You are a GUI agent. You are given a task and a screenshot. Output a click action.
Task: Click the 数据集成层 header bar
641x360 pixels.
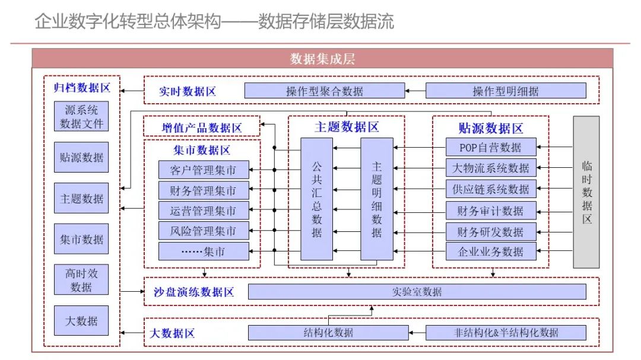[x=322, y=59]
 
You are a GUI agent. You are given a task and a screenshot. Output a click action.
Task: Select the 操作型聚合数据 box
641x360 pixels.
[x=325, y=91]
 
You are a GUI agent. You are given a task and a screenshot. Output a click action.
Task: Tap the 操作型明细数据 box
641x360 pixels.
[x=506, y=91]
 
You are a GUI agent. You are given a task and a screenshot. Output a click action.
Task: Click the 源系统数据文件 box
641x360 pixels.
[x=82, y=116]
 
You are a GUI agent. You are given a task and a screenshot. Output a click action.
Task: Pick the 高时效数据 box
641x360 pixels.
[x=82, y=279]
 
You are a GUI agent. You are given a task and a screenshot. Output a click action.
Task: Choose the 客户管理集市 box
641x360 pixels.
[x=203, y=170]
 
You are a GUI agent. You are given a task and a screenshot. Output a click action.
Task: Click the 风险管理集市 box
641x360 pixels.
[x=203, y=231]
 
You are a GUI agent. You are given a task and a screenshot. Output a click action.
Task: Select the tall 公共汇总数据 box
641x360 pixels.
[x=316, y=199]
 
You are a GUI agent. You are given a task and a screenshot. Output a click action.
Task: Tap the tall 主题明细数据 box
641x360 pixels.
[x=377, y=199]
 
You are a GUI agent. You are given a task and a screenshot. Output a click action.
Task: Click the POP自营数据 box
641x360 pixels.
[x=491, y=147]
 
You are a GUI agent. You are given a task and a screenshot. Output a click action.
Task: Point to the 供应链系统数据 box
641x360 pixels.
[x=491, y=189]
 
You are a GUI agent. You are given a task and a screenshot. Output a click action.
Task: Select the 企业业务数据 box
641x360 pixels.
[x=491, y=251]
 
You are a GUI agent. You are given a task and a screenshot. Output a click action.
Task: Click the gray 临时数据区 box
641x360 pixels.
[x=586, y=192]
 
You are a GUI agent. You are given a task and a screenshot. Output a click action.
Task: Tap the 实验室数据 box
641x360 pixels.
[x=417, y=292]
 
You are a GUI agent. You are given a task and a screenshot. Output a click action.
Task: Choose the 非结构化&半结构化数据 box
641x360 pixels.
[x=506, y=332]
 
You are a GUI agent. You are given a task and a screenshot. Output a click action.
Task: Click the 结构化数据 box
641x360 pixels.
[x=324, y=332]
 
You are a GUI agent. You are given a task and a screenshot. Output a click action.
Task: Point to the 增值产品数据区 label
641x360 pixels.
[x=202, y=128]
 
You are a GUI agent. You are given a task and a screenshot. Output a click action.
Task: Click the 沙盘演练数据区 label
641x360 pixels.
[x=194, y=292]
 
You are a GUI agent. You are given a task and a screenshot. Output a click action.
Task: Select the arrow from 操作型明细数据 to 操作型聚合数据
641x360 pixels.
[x=415, y=91]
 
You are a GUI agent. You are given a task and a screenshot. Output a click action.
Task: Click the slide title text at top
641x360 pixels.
[x=214, y=22]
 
